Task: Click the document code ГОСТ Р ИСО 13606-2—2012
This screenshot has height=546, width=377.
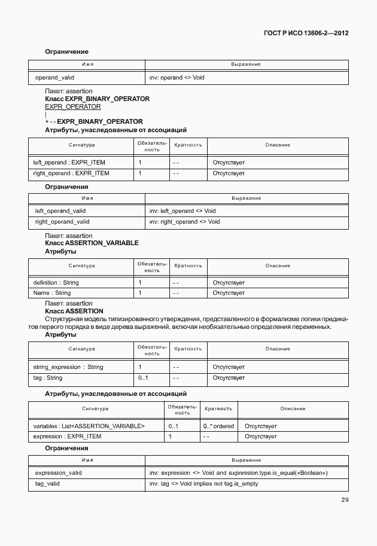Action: click(x=306, y=33)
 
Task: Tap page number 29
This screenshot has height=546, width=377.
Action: click(x=345, y=500)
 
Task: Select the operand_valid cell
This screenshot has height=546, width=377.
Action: click(x=55, y=78)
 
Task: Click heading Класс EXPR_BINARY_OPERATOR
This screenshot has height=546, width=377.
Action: click(x=97, y=99)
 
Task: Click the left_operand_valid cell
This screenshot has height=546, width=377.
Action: click(x=60, y=211)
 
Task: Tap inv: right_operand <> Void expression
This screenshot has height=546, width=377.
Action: click(x=184, y=222)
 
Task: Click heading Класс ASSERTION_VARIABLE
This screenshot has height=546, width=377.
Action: click(x=92, y=243)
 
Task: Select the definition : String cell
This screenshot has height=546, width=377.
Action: click(x=56, y=282)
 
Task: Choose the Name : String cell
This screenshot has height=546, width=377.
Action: click(x=52, y=293)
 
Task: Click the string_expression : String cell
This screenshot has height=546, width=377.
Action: click(x=68, y=367)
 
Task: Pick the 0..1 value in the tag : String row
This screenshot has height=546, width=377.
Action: click(x=143, y=378)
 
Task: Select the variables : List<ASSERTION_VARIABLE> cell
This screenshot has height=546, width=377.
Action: click(x=89, y=426)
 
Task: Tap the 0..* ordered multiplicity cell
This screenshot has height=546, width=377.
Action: click(x=218, y=426)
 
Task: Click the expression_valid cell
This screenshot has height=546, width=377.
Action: click(x=59, y=472)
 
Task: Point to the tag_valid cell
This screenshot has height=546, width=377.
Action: click(x=47, y=483)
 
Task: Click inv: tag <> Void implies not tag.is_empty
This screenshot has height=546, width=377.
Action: click(x=203, y=483)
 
